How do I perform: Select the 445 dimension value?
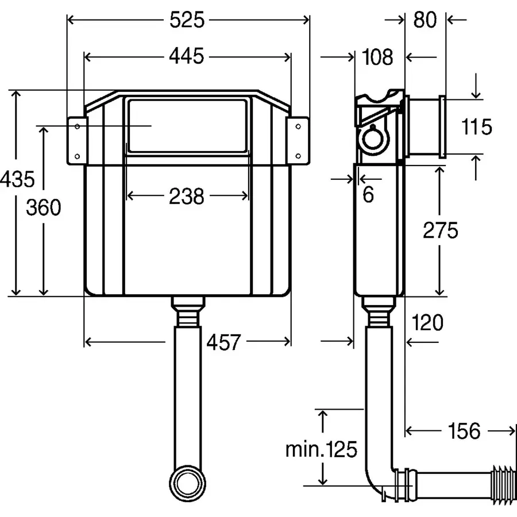(187, 56)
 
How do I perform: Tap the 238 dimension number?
(187, 196)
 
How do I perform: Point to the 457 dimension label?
(224, 342)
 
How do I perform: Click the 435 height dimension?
(17, 179)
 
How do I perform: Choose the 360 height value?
(44, 207)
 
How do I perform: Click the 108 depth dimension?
(377, 57)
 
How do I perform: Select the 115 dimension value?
(476, 126)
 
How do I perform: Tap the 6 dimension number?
(368, 195)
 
